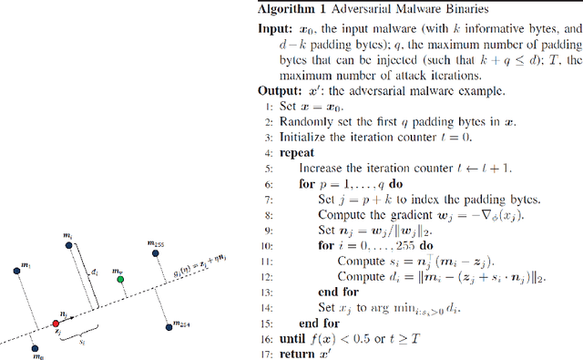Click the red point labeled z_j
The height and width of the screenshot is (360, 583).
[56, 324]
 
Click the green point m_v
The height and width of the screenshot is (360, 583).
[122, 281]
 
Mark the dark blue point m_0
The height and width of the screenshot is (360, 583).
[34, 347]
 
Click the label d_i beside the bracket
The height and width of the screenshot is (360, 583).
[95, 272]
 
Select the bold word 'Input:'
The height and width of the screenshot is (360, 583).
[273, 29]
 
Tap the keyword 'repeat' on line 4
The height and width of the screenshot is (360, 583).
[297, 153]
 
